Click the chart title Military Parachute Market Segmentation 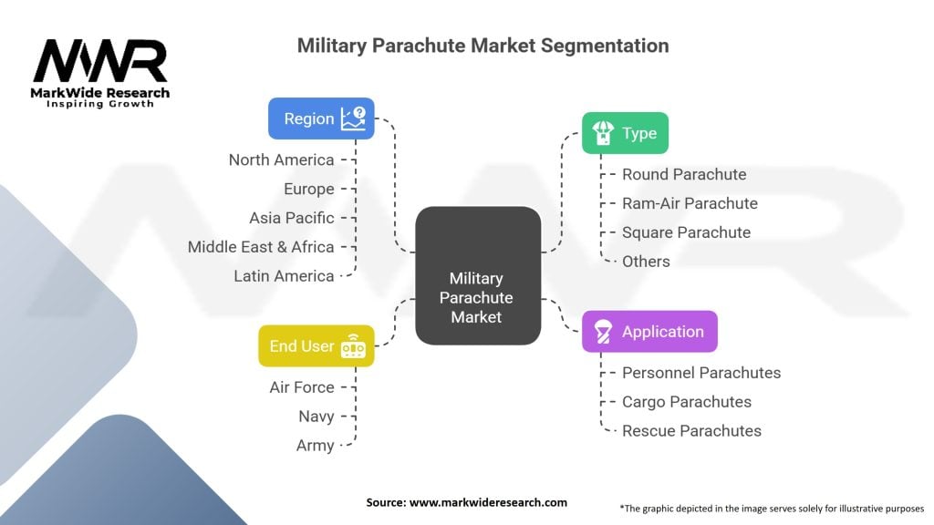click(483, 46)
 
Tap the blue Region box click(321, 118)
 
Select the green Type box click(626, 133)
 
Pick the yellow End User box click(316, 346)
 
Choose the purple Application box click(649, 332)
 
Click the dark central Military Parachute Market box click(477, 297)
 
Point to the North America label click(281, 160)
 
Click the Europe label click(308, 189)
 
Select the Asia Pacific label click(291, 218)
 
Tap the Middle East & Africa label click(261, 247)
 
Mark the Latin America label click(284, 276)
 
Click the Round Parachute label click(683, 174)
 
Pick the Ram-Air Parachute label click(690, 203)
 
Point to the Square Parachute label click(686, 232)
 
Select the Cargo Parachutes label click(686, 402)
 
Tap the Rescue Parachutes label click(691, 431)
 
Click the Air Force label click(302, 387)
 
